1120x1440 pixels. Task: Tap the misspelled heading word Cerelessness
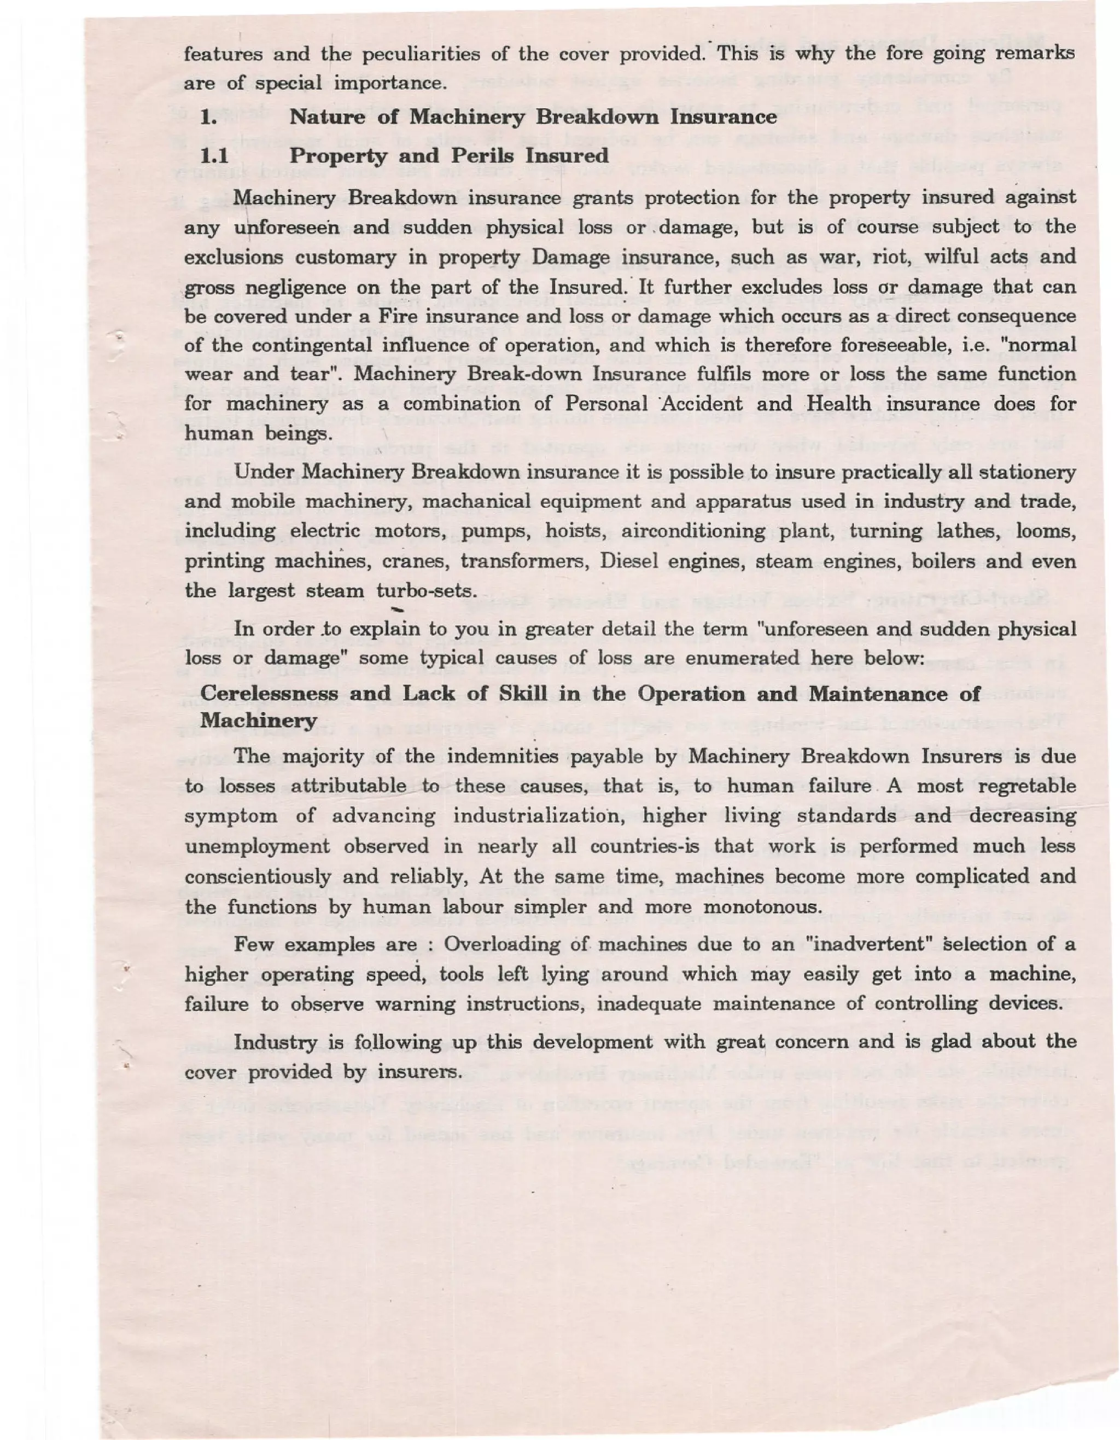point(269,694)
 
